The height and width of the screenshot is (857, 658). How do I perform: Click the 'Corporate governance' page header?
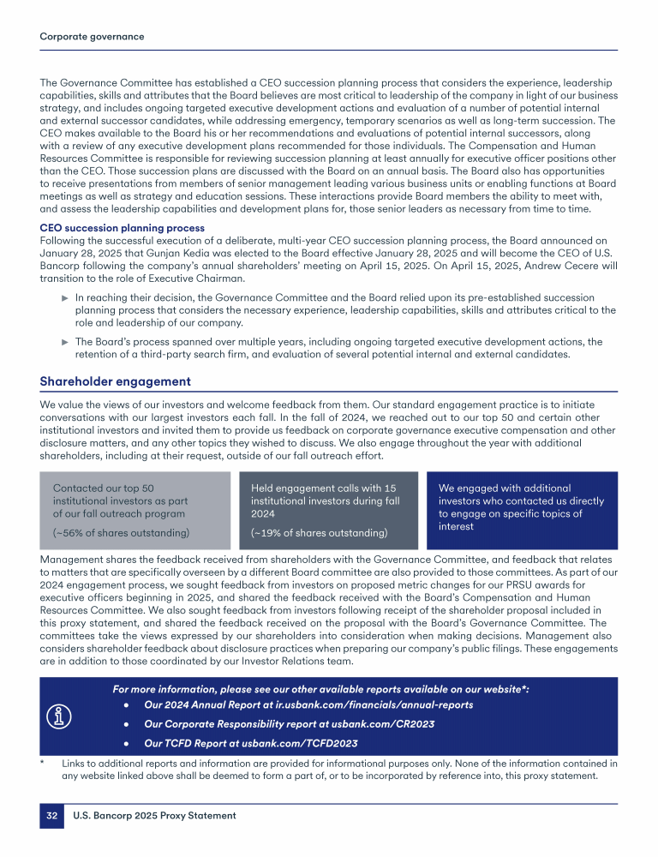point(92,37)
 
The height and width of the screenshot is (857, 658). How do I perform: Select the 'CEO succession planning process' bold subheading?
point(123,228)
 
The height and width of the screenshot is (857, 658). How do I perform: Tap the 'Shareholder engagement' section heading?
point(116,381)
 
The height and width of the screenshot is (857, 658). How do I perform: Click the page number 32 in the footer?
point(51,816)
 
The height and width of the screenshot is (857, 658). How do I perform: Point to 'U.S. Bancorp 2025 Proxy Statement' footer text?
point(154,816)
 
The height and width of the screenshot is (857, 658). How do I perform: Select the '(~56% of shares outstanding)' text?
point(121,533)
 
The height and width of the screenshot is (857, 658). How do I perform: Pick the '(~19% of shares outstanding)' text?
point(319,533)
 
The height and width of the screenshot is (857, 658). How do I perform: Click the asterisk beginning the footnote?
point(43,763)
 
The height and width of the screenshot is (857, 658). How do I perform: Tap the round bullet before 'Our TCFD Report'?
point(126,743)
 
